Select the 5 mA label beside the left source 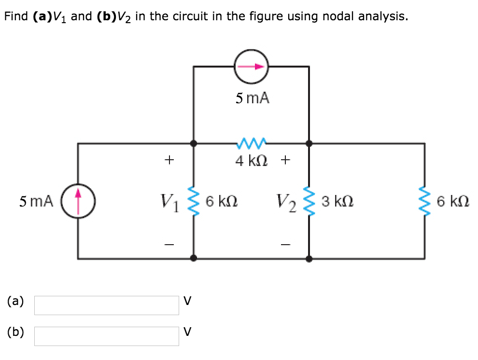coord(36,200)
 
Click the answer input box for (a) coord(106,305)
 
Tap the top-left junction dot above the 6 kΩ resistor coord(193,143)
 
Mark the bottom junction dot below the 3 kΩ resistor coord(309,259)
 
